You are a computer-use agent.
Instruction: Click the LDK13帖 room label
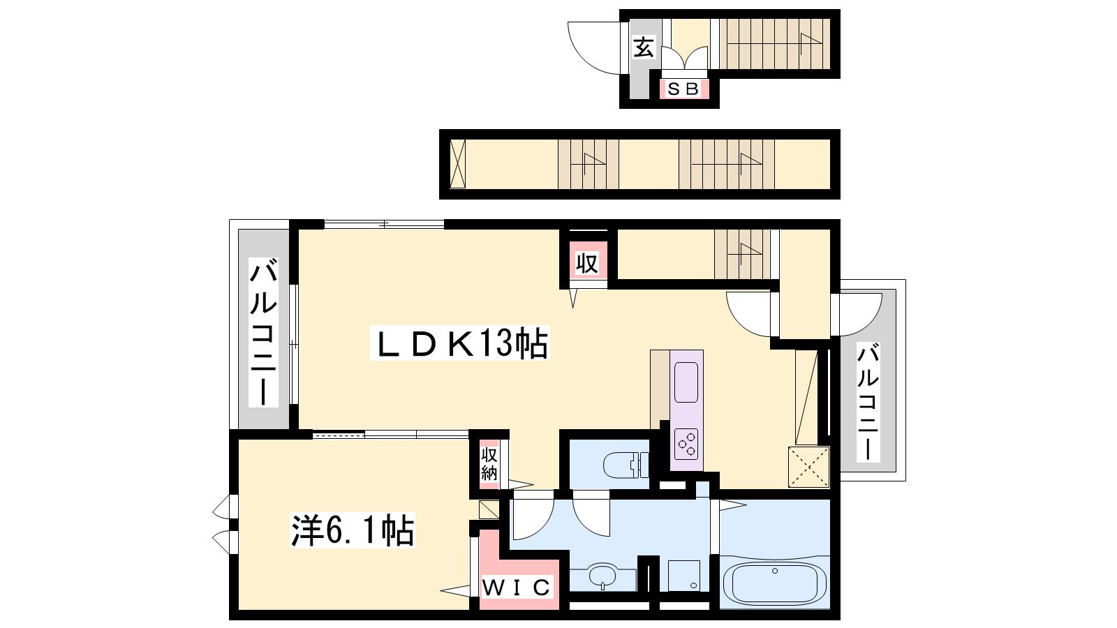click(x=460, y=343)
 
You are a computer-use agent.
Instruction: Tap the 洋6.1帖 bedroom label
click(x=353, y=530)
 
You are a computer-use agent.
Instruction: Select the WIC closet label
click(x=517, y=588)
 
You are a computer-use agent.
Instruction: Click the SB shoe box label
click(x=683, y=89)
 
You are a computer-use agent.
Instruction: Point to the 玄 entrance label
click(x=643, y=48)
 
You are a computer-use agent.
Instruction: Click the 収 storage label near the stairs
click(x=587, y=263)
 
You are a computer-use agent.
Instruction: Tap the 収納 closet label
click(x=489, y=463)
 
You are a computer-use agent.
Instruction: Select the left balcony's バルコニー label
click(x=262, y=331)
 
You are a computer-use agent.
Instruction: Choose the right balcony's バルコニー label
click(x=868, y=402)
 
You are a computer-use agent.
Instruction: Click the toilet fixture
click(x=626, y=465)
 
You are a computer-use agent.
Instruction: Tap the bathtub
click(x=774, y=584)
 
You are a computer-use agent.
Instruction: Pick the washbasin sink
click(x=603, y=576)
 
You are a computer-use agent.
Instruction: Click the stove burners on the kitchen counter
click(x=686, y=444)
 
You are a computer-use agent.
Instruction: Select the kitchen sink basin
click(x=686, y=383)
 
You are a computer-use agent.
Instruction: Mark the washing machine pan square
click(x=683, y=576)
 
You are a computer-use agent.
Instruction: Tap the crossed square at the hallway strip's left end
click(x=457, y=164)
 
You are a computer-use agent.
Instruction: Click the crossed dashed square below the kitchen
click(x=809, y=467)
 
